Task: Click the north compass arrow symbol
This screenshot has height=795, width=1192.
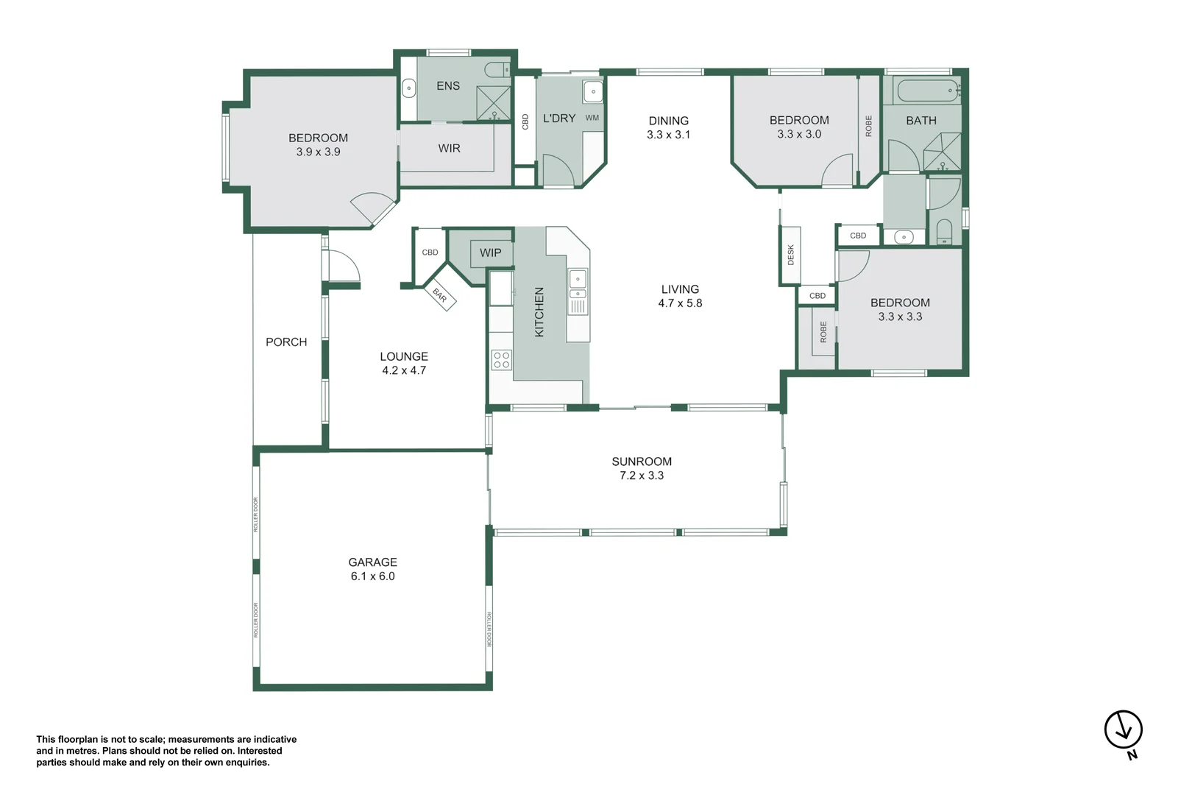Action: [1123, 730]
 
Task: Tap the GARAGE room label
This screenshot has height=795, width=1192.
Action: [372, 562]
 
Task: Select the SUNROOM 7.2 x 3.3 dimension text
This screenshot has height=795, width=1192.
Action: [642, 476]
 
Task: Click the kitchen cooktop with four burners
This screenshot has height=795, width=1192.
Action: [502, 360]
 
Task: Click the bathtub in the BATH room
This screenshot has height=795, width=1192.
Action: [927, 91]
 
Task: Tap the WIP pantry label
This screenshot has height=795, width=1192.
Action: [491, 252]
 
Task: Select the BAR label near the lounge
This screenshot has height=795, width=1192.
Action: [440, 295]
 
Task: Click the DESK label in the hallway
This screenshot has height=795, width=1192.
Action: [791, 255]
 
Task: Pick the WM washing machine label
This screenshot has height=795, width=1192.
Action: [592, 118]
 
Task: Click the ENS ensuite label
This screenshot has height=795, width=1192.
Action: [448, 85]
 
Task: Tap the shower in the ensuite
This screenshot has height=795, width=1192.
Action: [494, 103]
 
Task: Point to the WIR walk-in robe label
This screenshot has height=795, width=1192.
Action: [450, 148]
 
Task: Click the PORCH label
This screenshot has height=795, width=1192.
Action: [286, 342]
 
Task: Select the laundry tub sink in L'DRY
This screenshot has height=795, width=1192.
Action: [593, 92]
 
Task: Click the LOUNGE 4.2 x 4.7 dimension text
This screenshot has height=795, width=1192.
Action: [404, 370]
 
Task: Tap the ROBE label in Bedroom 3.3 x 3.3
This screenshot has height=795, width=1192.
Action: [823, 332]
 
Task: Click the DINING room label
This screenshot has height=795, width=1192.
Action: [669, 121]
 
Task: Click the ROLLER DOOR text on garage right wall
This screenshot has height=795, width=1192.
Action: [489, 629]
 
